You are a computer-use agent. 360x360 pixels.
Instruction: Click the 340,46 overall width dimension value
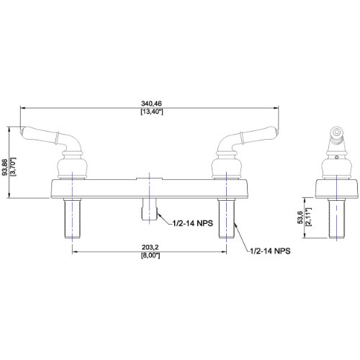(x=151, y=104)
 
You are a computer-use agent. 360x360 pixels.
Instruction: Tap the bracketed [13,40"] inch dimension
(x=152, y=112)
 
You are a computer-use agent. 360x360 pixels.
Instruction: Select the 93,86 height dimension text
(x=4, y=167)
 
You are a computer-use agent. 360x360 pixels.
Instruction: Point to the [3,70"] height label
(x=13, y=167)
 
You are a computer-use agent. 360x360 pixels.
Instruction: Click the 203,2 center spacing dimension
(x=150, y=247)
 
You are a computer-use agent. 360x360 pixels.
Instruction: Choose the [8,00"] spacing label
(x=150, y=256)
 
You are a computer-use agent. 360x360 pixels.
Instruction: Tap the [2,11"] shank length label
(x=308, y=217)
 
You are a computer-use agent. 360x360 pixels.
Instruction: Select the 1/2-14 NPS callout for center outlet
(x=193, y=223)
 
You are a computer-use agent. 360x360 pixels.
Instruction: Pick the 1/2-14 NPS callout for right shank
(x=270, y=251)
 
